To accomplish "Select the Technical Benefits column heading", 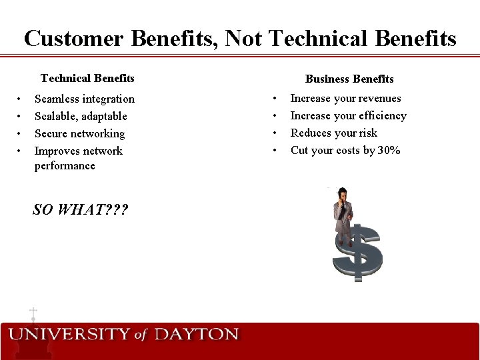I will click(87, 79).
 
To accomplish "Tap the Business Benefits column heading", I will click(349, 79).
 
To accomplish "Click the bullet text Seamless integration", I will click(85, 99).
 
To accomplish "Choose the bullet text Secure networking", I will click(79, 134).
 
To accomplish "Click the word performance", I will click(65, 166).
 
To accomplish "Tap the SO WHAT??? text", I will click(81, 210).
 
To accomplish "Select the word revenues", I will click(377, 99).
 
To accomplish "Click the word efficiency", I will click(381, 116).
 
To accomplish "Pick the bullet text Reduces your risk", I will click(333, 133).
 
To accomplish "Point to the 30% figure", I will click(389, 151).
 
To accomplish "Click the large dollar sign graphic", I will click(358, 253).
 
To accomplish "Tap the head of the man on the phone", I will click(342, 195).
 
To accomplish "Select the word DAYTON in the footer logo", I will click(196, 334).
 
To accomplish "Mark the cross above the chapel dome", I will click(33, 312).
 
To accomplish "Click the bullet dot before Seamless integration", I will click(21, 99).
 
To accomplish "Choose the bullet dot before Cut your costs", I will click(275, 151).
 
